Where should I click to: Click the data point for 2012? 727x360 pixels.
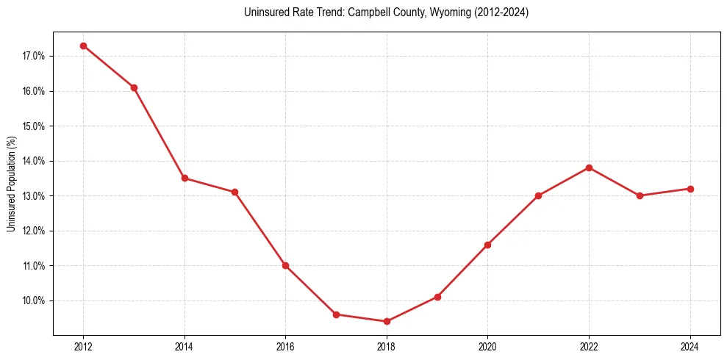point(83,46)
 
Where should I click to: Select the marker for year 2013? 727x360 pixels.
point(134,87)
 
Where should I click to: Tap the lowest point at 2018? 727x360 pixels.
point(387,321)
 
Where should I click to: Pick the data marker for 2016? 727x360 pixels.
point(285,265)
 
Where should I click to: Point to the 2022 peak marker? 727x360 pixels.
point(589,168)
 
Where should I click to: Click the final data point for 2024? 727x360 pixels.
point(690,189)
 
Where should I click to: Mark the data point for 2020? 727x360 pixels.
point(487,245)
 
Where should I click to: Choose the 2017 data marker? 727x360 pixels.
point(336,314)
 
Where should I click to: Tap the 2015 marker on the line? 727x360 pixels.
point(234,192)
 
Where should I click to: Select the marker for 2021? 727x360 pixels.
point(538,195)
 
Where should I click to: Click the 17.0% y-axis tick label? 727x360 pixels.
point(34,56)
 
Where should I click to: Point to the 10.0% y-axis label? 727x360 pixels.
point(34,300)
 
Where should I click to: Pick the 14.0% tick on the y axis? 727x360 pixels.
point(34,161)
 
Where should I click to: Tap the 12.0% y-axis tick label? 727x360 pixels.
point(34,231)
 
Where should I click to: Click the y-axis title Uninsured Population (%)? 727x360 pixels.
point(11,184)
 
